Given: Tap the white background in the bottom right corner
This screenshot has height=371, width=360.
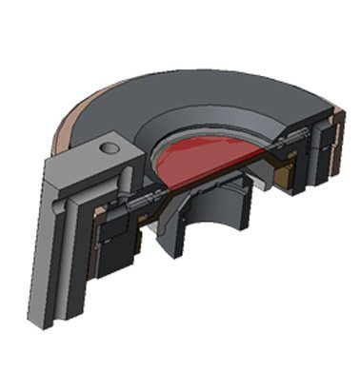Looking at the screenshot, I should [x=324, y=342].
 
